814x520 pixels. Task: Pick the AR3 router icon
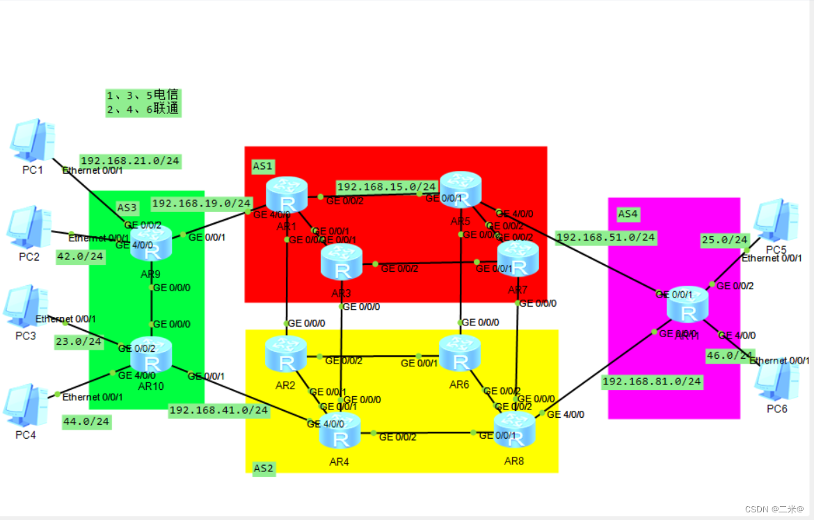342,261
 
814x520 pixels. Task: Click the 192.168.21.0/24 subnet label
130,161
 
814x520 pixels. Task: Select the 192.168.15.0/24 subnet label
387,186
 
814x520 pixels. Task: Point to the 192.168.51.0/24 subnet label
606,237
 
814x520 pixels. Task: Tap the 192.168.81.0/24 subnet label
652,381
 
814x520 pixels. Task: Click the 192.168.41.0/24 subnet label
218,410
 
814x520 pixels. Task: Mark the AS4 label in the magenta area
628,214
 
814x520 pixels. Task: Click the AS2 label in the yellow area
264,468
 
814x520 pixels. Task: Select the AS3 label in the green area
127,207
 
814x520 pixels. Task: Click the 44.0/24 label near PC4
86,421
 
